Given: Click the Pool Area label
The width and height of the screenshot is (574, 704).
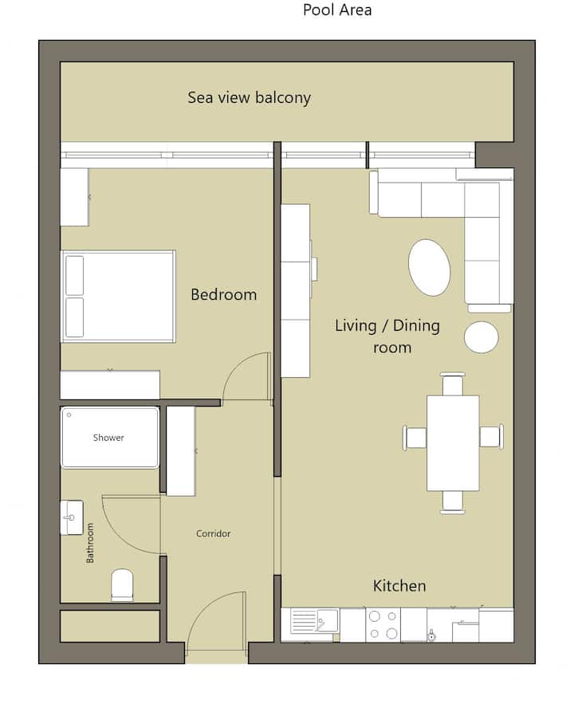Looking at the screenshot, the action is coord(337,10).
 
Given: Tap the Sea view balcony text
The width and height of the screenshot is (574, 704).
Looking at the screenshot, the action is coord(249,97).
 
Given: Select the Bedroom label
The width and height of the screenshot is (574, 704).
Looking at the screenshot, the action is coord(223,294).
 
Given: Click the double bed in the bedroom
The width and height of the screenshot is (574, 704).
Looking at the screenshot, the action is coord(118,297).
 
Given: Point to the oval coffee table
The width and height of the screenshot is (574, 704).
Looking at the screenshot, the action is coord(429,267).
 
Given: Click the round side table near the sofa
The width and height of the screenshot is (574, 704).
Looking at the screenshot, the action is coord(481,337).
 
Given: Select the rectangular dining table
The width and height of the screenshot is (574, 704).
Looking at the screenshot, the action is coord(453,442).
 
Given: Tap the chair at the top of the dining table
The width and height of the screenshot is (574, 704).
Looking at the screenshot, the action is coord(452,383).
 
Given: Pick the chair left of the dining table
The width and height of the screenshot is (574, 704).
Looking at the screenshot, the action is coord(415,437).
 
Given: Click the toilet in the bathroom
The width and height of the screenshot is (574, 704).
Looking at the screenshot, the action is coord(122,585).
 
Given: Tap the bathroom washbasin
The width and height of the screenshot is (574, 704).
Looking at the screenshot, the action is coord(72,517).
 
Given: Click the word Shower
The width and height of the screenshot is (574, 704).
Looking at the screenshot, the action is coord(108,437).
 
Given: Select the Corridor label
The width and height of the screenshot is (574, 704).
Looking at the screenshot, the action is coord(213,533).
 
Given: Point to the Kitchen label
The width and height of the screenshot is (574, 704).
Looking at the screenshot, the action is coord(399,585).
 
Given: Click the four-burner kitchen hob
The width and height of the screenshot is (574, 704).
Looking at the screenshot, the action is coord(383,624).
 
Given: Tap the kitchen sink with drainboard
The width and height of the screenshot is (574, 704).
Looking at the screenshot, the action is coord(314,620).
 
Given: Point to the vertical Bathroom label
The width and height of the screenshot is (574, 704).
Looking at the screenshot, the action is coord(90,543).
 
